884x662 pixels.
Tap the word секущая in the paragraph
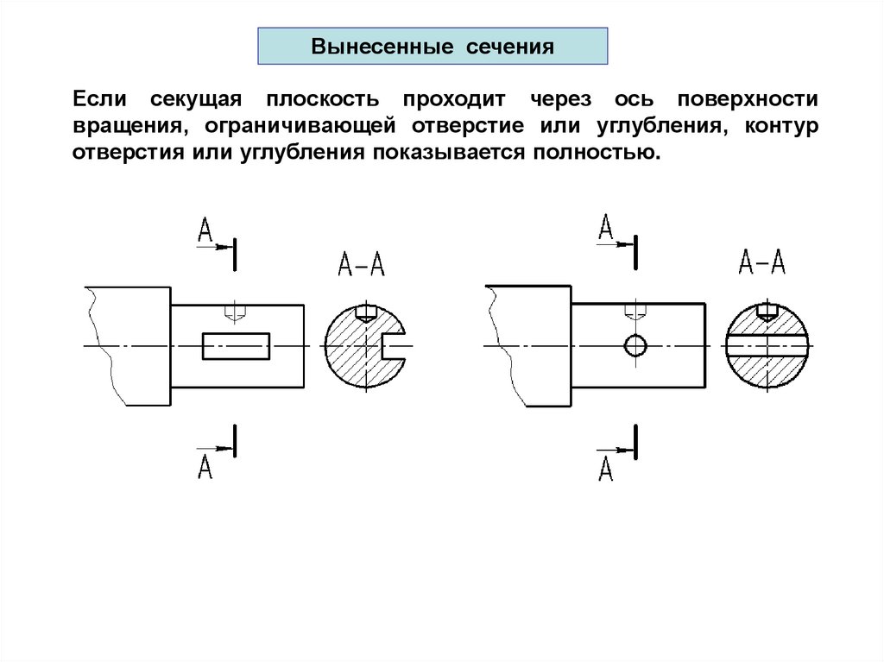click(x=196, y=99)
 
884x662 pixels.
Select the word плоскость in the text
click(x=316, y=99)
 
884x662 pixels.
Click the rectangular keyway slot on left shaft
click(x=237, y=346)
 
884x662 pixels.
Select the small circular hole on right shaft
click(x=635, y=345)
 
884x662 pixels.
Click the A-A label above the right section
click(x=762, y=261)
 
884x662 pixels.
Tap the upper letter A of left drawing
click(x=205, y=230)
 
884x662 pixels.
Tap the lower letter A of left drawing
click(x=205, y=467)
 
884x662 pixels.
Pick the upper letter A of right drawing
click(x=606, y=228)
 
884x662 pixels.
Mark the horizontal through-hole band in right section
click(x=767, y=345)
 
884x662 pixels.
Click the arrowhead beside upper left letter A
click(x=226, y=246)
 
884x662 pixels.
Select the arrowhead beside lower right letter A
click(x=627, y=450)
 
